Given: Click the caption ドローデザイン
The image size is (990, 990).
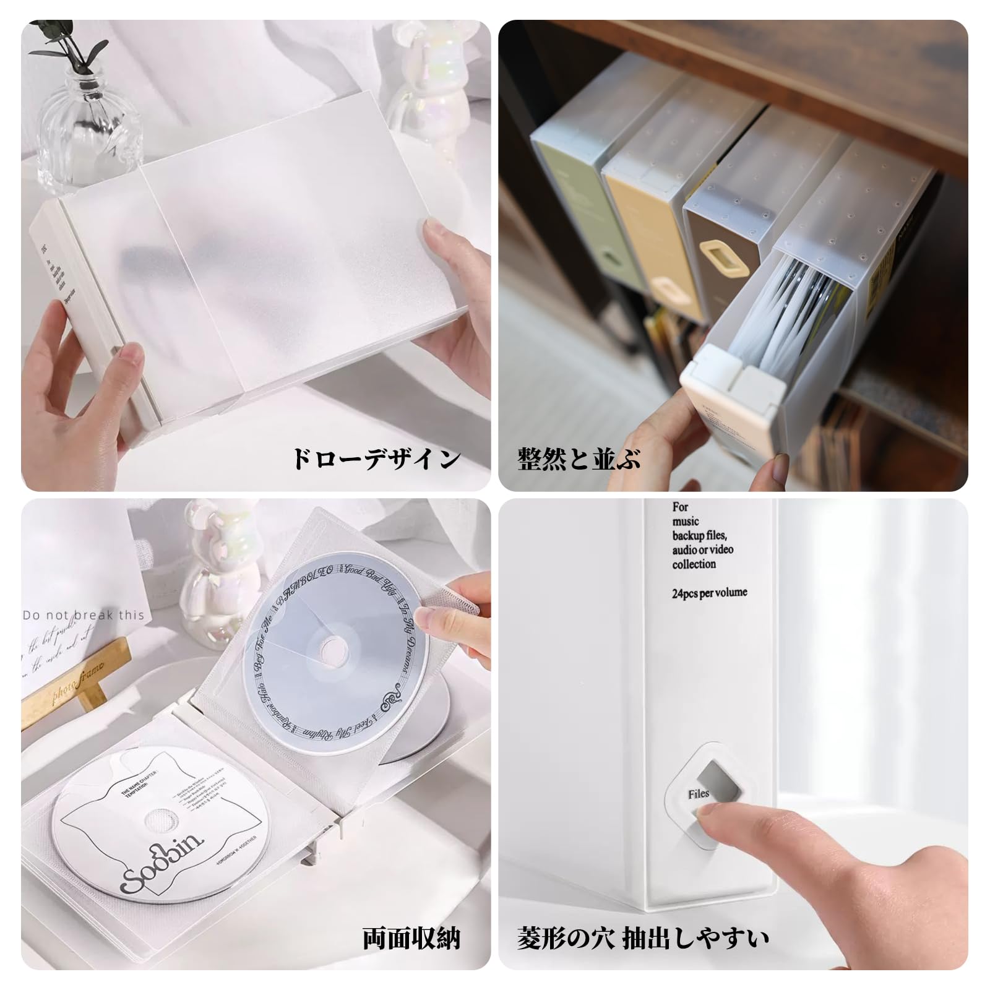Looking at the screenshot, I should pyautogui.click(x=376, y=459).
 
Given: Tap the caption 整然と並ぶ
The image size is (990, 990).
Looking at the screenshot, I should pyautogui.click(x=579, y=459).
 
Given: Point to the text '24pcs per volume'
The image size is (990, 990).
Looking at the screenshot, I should pyautogui.click(x=709, y=593).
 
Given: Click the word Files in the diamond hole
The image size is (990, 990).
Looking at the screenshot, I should pyautogui.click(x=698, y=794).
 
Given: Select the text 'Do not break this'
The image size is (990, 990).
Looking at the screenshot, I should pyautogui.click(x=83, y=615).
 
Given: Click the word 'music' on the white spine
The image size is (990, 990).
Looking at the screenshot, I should pyautogui.click(x=686, y=521).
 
